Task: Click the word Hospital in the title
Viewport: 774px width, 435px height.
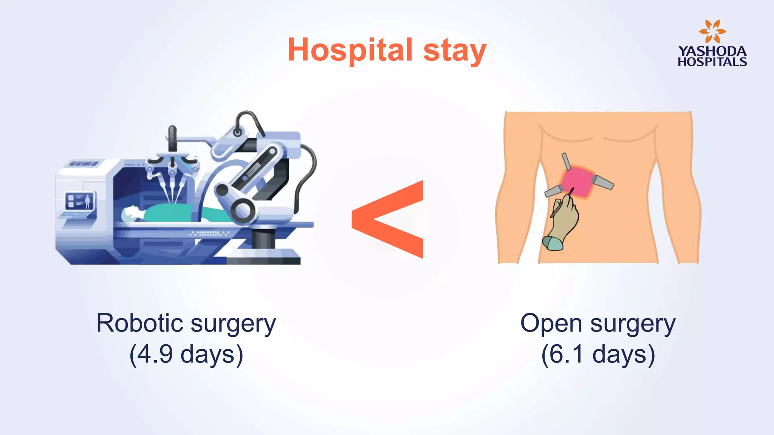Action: (350, 50)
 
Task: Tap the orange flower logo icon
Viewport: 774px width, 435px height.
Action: (712, 32)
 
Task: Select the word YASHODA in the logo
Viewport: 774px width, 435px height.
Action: (712, 51)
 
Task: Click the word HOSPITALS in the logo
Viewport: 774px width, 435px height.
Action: (712, 62)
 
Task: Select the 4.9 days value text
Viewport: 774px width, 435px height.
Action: (186, 354)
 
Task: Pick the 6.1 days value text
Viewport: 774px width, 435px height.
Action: (598, 354)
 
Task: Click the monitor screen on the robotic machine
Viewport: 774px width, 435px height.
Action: (80, 201)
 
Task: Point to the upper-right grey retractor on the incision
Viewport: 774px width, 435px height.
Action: (603, 182)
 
